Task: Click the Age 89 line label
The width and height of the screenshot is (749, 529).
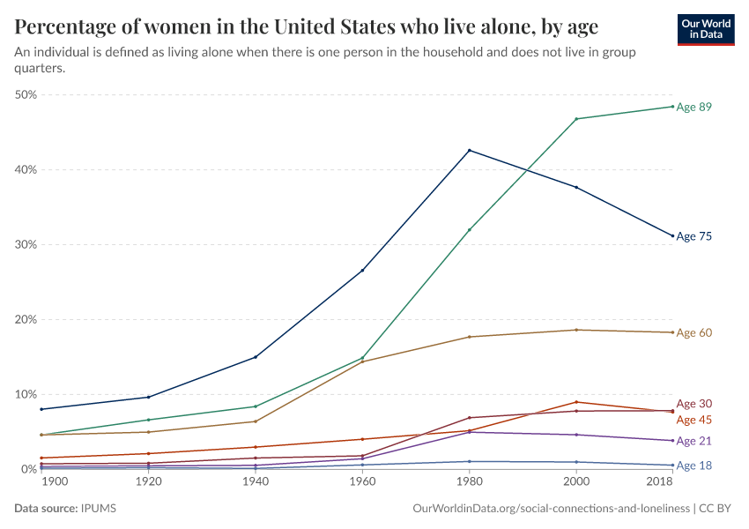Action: click(693, 107)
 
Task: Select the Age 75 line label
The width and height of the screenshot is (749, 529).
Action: click(693, 236)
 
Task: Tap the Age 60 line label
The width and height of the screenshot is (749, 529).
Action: click(693, 332)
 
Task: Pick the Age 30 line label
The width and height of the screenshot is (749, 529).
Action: click(693, 404)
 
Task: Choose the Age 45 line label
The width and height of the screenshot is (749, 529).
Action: click(693, 420)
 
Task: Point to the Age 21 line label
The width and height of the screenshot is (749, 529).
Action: click(693, 441)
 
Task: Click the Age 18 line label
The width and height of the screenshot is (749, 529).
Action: click(693, 466)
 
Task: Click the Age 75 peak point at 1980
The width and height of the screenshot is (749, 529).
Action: click(470, 150)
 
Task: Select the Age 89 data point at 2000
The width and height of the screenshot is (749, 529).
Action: click(576, 119)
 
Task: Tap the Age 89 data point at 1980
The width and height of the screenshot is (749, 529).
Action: click(470, 229)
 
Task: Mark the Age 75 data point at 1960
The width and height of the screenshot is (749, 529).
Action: click(362, 270)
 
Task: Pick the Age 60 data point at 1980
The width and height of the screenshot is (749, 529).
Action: click(470, 337)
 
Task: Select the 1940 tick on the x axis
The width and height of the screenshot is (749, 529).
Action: click(256, 483)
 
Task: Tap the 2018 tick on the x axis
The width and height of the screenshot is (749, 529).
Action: click(660, 483)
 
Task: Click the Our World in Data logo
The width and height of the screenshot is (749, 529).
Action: click(706, 29)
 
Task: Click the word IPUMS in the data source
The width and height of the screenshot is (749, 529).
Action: click(99, 509)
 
